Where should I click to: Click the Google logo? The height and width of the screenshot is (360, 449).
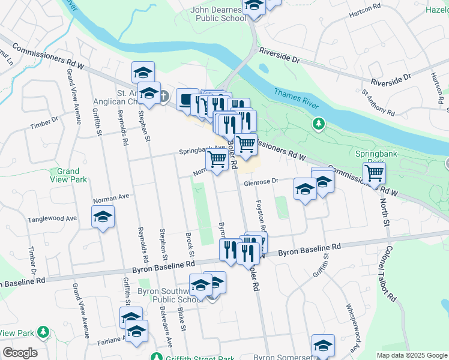coord(20,353)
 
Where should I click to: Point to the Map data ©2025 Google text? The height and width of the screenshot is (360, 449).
coord(411,355)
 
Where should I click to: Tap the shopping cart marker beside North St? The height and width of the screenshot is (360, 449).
coord(375,173)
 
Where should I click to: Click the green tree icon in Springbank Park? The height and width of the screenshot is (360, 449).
coord(319,124)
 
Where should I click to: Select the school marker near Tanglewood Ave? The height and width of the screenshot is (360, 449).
coord(103,216)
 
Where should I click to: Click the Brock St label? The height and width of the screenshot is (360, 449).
coord(189,243)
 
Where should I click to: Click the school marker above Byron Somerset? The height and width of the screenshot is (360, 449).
coord(323,345)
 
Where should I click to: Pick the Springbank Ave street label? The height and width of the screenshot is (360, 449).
coord(201,151)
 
